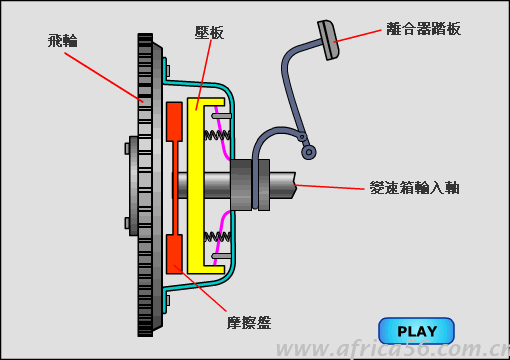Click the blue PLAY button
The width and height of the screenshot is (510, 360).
pyautogui.click(x=416, y=331)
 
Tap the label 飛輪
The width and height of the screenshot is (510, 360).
pyautogui.click(x=63, y=41)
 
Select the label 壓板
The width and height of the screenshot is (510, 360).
pyautogui.click(x=209, y=33)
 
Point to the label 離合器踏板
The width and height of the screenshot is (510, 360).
pyautogui.click(x=424, y=29)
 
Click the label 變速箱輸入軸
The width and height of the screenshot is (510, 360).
pyautogui.click(x=415, y=188)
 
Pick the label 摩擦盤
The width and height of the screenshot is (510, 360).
pyautogui.click(x=249, y=323)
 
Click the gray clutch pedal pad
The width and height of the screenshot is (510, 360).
pyautogui.click(x=328, y=40)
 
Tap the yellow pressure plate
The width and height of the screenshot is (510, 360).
pyautogui.click(x=195, y=186)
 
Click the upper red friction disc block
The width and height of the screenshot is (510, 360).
pyautogui.click(x=174, y=121)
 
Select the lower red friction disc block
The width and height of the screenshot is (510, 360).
pyautogui.click(x=174, y=254)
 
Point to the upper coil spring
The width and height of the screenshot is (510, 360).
pyautogui.click(x=217, y=135)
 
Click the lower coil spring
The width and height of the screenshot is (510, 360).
pyautogui.click(x=217, y=237)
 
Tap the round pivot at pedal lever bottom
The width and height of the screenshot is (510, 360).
pyautogui.click(x=309, y=152)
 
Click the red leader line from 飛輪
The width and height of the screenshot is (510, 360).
pyautogui.click(x=104, y=77)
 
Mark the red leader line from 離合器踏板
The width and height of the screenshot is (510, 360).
pyautogui.click(x=357, y=36)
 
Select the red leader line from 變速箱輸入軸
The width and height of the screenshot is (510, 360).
pyautogui.click(x=329, y=187)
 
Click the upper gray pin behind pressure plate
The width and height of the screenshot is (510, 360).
pyautogui.click(x=221, y=116)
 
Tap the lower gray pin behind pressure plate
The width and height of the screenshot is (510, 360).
pyautogui.click(x=221, y=256)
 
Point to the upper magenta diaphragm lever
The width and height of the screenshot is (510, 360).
pyautogui.click(x=222, y=133)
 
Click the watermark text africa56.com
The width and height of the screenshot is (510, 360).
pyautogui.click(x=392, y=350)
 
